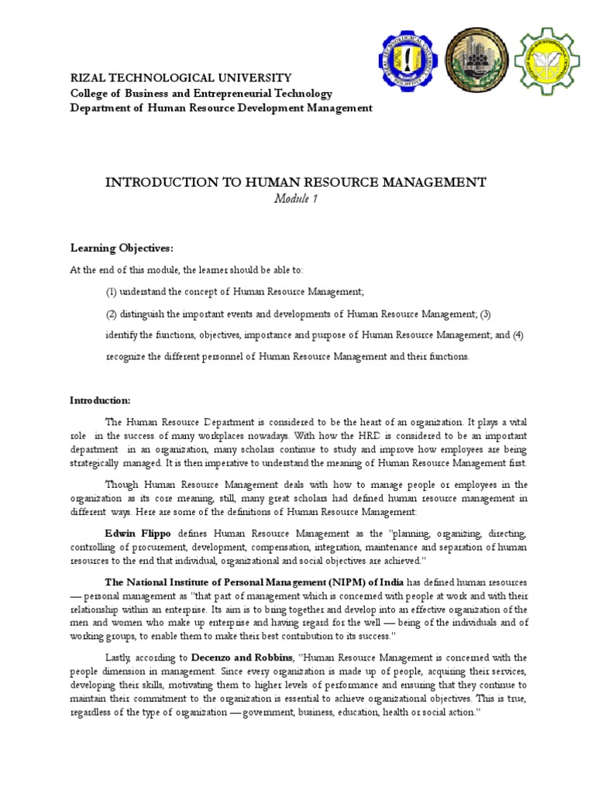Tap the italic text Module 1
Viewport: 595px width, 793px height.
click(x=296, y=200)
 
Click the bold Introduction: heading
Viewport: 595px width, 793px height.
click(x=101, y=400)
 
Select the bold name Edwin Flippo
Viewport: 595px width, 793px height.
click(x=139, y=534)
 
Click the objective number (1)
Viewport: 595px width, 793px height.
click(x=112, y=291)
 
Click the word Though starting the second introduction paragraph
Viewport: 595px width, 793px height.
click(x=120, y=484)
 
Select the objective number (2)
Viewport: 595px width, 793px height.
click(x=112, y=314)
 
